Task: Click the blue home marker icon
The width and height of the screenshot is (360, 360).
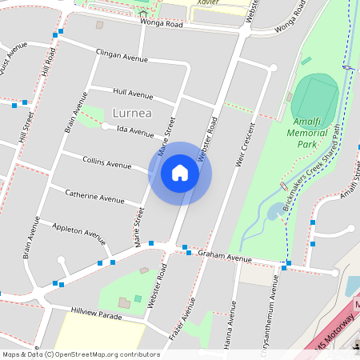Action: (180, 174)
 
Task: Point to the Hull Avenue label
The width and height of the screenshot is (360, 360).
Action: (133, 94)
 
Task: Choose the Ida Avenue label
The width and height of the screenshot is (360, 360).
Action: (134, 130)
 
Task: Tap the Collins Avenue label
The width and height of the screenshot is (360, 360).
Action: (107, 162)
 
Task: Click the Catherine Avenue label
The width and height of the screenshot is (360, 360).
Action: (94, 196)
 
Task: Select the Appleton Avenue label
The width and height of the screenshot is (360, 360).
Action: (79, 232)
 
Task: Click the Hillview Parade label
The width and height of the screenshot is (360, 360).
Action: (96, 315)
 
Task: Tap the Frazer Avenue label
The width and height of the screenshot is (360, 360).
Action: (182, 325)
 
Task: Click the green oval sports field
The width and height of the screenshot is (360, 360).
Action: (314, 97)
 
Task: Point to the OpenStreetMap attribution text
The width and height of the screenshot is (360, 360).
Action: (81, 354)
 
